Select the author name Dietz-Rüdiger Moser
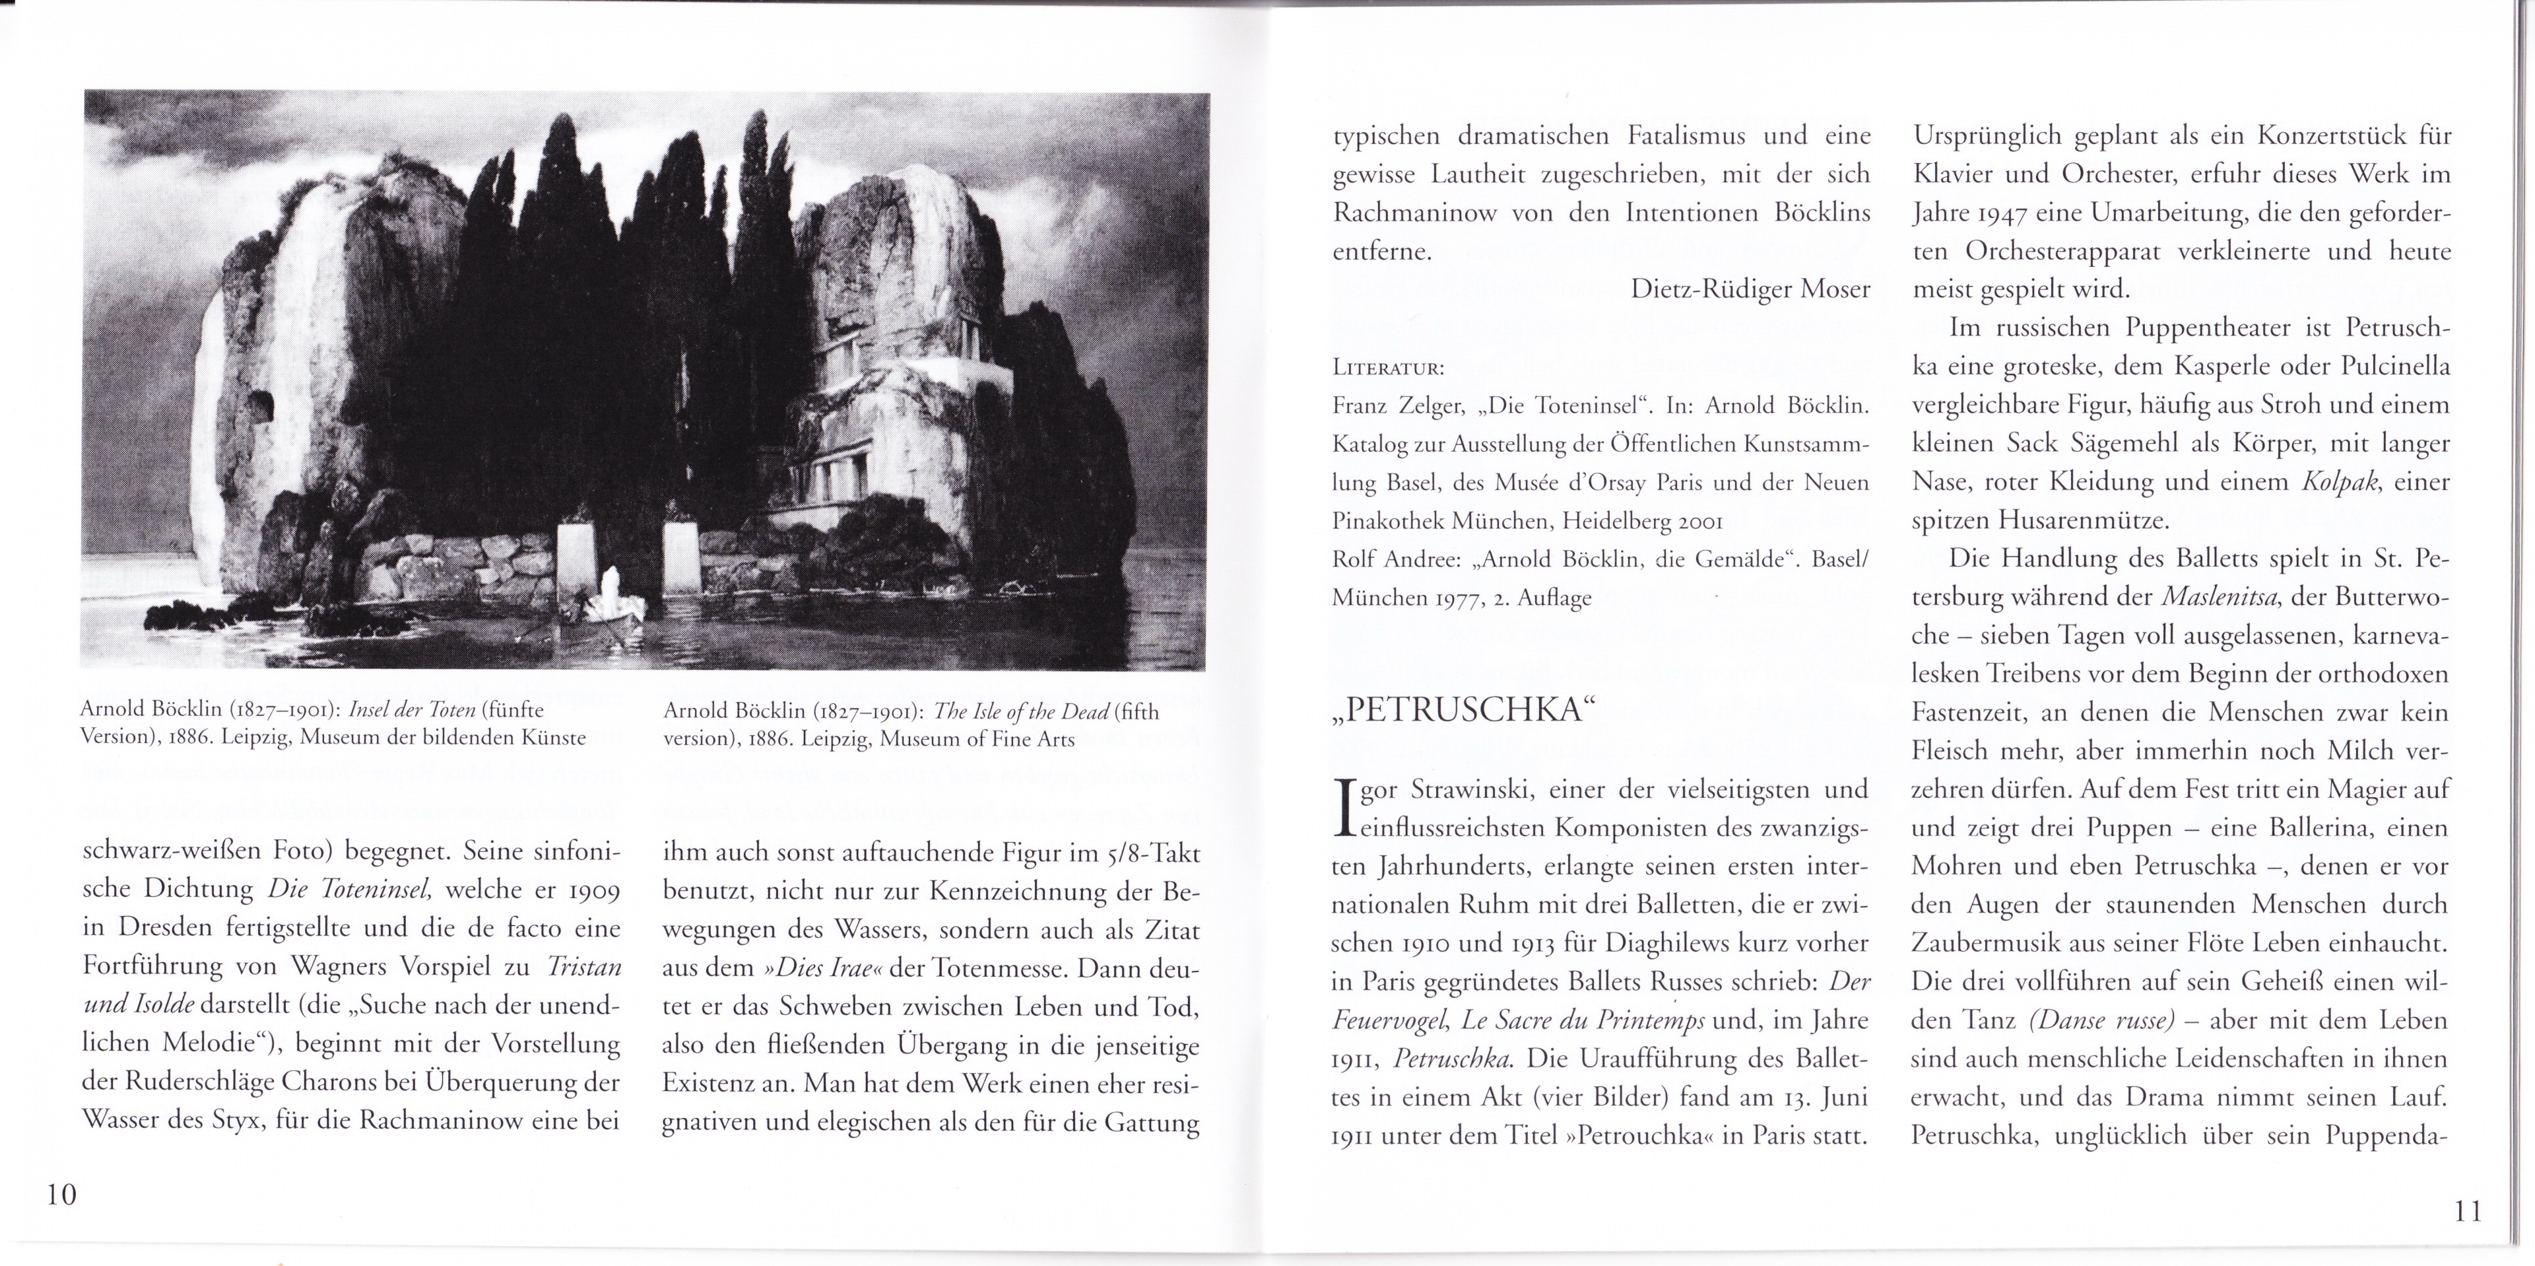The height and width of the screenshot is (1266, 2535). pyautogui.click(x=1750, y=289)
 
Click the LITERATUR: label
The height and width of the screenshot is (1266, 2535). pyautogui.click(x=1387, y=369)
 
